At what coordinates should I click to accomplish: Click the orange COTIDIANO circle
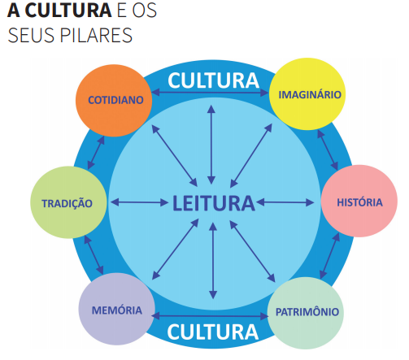[114, 101]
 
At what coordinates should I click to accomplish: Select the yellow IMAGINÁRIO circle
[307, 94]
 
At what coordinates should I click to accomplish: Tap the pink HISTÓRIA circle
[359, 201]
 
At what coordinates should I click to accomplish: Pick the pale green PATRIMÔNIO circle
[306, 313]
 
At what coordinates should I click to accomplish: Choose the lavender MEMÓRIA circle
[117, 309]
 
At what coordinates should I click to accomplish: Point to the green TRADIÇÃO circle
[68, 202]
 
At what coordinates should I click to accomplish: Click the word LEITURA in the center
[214, 203]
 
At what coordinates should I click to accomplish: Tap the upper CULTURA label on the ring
[214, 80]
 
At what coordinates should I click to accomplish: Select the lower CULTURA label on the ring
[213, 332]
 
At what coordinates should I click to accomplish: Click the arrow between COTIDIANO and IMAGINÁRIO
[211, 93]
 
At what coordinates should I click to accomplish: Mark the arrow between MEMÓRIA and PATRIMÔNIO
[210, 316]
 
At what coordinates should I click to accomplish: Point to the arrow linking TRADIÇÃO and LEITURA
[140, 202]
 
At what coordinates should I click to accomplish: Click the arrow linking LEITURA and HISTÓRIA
[285, 202]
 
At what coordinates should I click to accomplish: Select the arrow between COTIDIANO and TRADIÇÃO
[96, 153]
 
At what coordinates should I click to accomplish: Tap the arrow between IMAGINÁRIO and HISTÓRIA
[328, 150]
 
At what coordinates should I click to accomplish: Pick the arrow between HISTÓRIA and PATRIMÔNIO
[329, 256]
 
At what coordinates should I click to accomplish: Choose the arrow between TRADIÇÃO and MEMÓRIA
[94, 255]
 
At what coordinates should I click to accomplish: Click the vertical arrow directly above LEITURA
[211, 145]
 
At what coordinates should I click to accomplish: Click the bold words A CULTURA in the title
[59, 11]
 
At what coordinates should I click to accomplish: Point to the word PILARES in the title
[96, 35]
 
